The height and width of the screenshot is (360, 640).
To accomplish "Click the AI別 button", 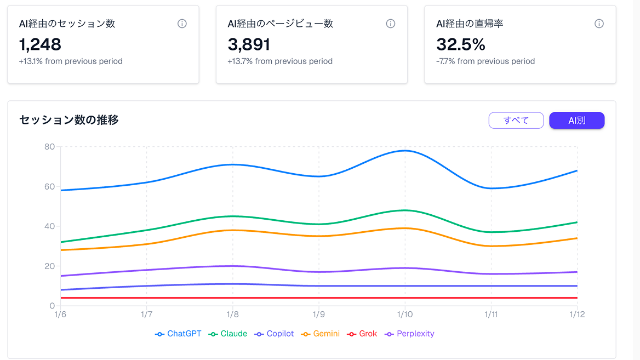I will coord(576,121).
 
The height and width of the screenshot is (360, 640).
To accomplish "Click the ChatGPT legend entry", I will coord(179,334).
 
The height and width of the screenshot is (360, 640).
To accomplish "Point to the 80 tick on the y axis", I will coord(49,146).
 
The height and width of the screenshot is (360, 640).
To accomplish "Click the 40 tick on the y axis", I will coord(49,226).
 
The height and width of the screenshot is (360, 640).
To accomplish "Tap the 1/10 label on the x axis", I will coord(405,315).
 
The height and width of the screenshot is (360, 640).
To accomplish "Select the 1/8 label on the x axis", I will coord(233,315).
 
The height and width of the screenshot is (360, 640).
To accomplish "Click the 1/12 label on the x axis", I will coord(577,315).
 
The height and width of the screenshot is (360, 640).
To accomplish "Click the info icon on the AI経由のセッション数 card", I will coord(182,24).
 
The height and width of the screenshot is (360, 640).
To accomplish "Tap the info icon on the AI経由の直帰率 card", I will coord(599,24).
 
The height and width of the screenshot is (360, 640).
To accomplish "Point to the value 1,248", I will coord(40,44).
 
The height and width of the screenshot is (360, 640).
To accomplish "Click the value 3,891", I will coord(249,44).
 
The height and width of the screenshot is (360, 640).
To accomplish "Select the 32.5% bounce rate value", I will coord(461,44).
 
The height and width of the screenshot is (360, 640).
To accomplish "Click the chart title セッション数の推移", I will coord(69,120).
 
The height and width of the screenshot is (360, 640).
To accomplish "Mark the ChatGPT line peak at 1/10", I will coord(405,150).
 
